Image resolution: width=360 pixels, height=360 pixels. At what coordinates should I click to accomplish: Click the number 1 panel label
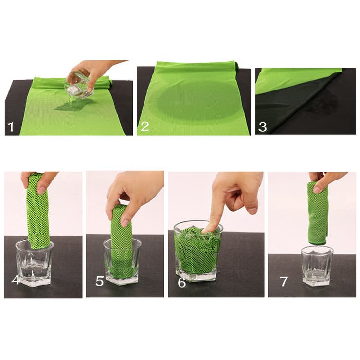(11, 127)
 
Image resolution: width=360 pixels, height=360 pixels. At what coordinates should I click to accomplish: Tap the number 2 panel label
(145, 126)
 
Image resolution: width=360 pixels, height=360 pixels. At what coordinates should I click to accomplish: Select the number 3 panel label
(262, 127)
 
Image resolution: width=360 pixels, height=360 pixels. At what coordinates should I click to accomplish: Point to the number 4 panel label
(16, 279)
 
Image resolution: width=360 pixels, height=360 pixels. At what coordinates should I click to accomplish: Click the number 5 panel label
(100, 281)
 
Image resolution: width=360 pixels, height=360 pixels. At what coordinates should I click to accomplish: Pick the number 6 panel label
(181, 283)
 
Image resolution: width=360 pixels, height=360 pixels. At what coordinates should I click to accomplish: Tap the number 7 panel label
(284, 282)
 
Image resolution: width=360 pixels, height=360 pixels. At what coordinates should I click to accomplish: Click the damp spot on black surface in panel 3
(322, 103)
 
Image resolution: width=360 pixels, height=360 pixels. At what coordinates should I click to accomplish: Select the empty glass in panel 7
(317, 266)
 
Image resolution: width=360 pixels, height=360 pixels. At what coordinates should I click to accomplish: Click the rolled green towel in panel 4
(37, 211)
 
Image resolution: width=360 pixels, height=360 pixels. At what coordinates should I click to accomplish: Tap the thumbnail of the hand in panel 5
(126, 222)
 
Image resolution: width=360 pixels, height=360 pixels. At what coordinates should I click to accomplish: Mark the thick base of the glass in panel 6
(196, 276)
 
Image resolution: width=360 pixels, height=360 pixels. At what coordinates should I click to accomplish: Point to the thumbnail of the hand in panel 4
(42, 190)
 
